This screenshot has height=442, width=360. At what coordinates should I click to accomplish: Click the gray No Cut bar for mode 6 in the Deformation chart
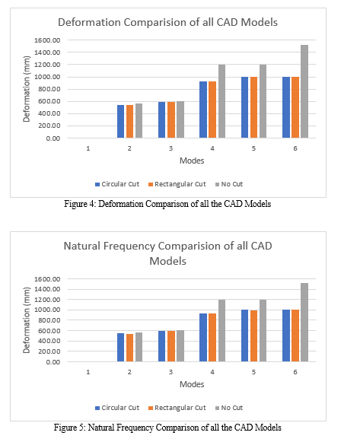point(304,91)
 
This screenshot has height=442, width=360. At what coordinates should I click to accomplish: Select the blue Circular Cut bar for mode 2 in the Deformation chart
point(121,122)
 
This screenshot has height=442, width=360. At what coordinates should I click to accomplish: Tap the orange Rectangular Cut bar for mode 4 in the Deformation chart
point(212,110)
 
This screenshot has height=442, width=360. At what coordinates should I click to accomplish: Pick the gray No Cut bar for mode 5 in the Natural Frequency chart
point(263,331)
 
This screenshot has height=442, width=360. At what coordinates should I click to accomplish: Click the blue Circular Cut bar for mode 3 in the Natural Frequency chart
point(162,346)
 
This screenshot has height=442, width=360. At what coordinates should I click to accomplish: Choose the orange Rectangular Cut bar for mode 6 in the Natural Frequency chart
point(295,335)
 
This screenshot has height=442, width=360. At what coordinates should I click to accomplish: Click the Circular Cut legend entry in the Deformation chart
point(117,184)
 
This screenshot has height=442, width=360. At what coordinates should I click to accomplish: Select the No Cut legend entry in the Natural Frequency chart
point(229,408)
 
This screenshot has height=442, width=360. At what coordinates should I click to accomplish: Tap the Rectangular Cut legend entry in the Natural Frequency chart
point(177,408)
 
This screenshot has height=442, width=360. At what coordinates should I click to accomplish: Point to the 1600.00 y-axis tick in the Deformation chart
point(47,40)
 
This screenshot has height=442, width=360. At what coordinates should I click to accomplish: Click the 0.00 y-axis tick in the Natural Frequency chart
point(53,362)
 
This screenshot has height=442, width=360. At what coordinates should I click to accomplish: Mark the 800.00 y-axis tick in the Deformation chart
point(49,89)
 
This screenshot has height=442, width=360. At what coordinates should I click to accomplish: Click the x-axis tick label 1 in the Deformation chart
point(88,148)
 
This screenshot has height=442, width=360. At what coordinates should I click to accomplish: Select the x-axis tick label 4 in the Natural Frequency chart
point(212,372)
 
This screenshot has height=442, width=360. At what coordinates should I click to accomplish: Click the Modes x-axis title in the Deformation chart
point(192,161)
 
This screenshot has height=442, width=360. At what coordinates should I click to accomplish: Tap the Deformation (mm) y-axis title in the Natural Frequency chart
point(26,320)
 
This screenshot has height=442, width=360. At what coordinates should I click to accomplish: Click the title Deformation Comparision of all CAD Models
point(167,22)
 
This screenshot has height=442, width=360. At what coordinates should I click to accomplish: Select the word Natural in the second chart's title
point(82,246)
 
